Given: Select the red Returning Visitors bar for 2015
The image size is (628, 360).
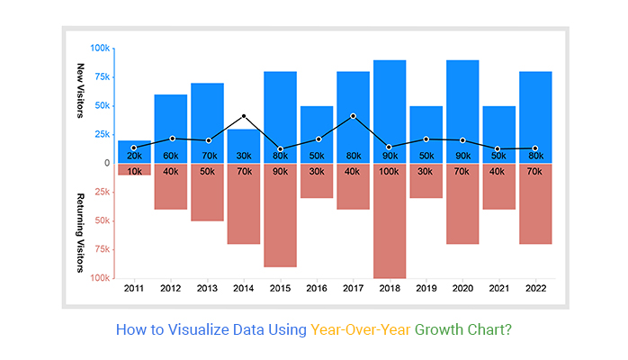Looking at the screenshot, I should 280,220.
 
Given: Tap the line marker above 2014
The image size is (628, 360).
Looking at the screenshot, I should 244,116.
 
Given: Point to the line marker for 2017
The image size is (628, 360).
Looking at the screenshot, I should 354,116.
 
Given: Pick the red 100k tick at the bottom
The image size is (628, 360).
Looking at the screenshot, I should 99,278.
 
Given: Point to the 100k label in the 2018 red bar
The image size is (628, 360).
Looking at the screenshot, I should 390,171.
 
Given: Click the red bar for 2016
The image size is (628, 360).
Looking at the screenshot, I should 317,184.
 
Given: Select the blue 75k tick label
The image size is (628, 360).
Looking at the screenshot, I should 101,76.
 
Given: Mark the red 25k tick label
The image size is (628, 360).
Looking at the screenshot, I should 101,192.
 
